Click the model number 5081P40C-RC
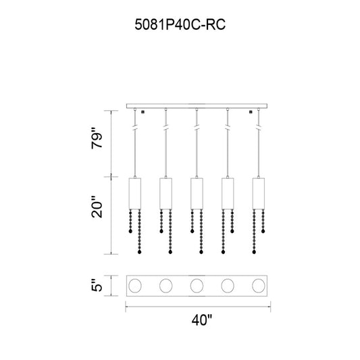tap(180, 24)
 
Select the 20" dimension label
tap(97, 207)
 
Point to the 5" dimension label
tap(97, 286)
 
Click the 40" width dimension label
tap(202, 320)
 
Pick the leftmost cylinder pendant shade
tap(135, 194)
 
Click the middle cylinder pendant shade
tap(197, 194)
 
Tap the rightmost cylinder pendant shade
tap(259, 194)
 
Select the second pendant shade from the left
tap(165, 194)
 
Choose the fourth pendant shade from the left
tap(228, 194)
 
